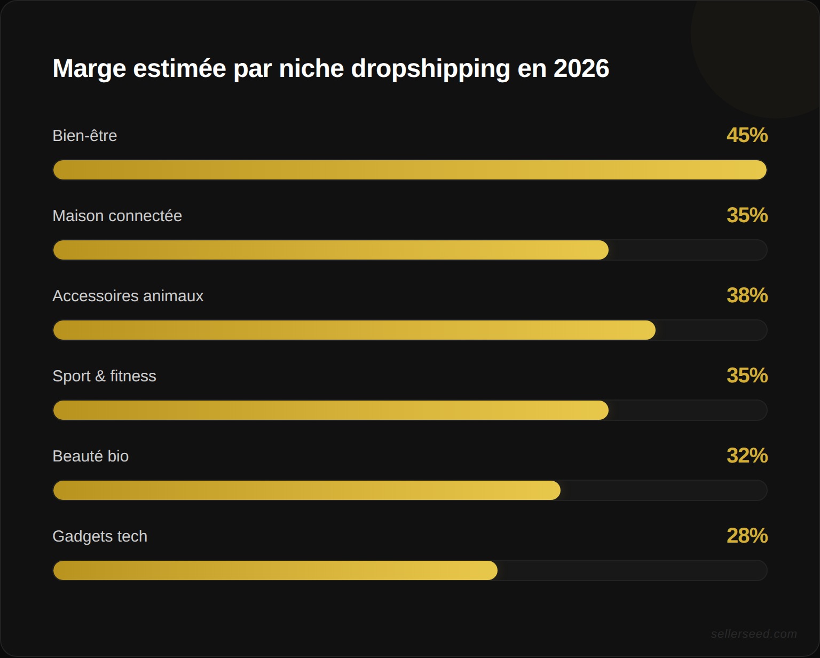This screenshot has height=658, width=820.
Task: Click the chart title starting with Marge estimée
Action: pyautogui.click(x=330, y=68)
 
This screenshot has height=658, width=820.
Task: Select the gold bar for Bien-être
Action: pyautogui.click(x=409, y=170)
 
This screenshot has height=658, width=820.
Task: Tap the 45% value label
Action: pyautogui.click(x=747, y=135)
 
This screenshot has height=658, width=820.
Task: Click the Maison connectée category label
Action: pyautogui.click(x=117, y=216)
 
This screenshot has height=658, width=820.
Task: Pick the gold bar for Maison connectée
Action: pyautogui.click(x=330, y=250)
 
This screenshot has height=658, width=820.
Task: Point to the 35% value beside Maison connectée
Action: pyautogui.click(x=747, y=215)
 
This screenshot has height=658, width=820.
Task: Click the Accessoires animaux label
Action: pyautogui.click(x=128, y=296)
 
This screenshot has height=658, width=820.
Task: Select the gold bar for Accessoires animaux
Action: pyautogui.click(x=354, y=330)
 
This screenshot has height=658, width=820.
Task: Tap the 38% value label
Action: pyautogui.click(x=747, y=295)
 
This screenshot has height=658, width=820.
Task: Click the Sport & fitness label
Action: pyautogui.click(x=104, y=376)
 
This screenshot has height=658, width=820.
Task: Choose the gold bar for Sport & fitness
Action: pyautogui.click(x=330, y=410)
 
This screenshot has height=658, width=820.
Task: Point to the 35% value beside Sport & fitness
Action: pyautogui.click(x=747, y=375)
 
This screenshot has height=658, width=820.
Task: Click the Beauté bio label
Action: pyautogui.click(x=90, y=456)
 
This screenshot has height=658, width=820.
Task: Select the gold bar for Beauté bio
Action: pyautogui.click(x=306, y=490)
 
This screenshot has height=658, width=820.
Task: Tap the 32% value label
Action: pyautogui.click(x=747, y=456)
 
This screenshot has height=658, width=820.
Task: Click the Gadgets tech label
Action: pyautogui.click(x=100, y=536)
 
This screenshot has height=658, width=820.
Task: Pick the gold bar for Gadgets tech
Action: pyautogui.click(x=275, y=570)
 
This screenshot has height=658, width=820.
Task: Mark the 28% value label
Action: pyautogui.click(x=747, y=536)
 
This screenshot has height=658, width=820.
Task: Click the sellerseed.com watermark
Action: pyautogui.click(x=753, y=634)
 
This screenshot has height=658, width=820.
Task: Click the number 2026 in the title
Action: pyautogui.click(x=581, y=68)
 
